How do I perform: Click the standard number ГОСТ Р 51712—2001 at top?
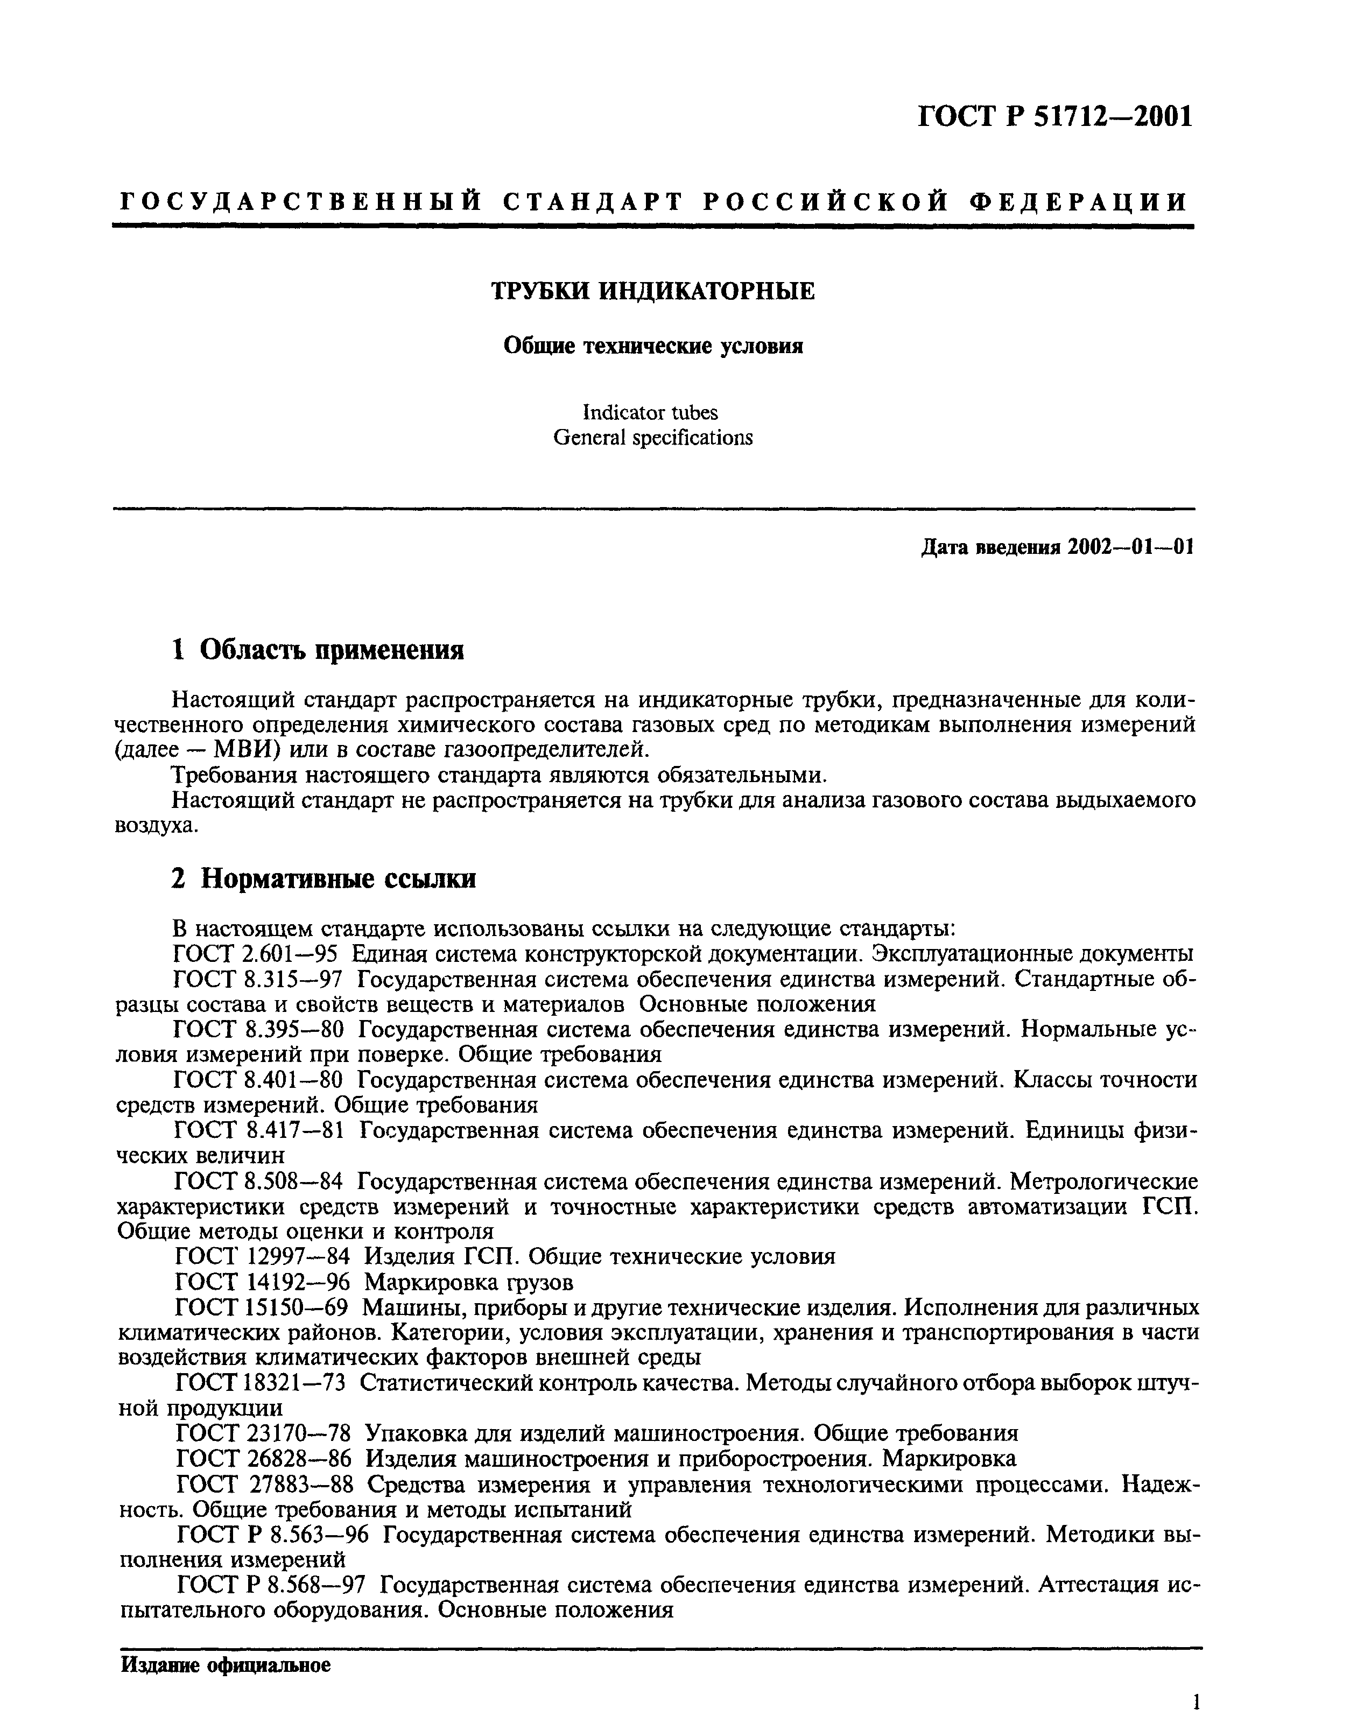1054,117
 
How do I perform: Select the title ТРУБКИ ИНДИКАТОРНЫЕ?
653,292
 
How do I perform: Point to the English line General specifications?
653,437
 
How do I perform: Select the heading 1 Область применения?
318,650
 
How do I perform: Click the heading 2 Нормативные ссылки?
324,878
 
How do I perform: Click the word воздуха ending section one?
154,825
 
